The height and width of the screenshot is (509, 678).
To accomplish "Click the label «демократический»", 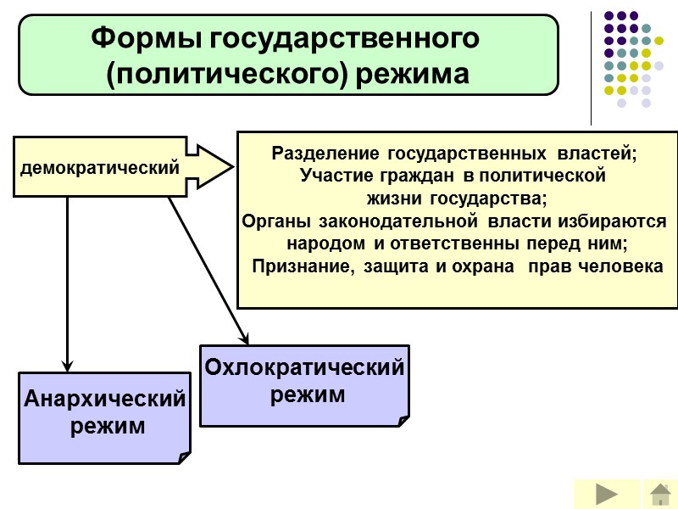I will [x=100, y=168].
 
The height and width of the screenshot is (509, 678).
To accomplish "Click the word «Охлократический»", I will [x=304, y=369].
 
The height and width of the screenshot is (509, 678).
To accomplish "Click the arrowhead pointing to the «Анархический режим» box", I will [x=67, y=365].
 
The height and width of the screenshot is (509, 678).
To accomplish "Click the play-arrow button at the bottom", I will [x=606, y=494].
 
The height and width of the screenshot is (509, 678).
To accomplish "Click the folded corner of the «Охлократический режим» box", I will [x=403, y=420].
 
